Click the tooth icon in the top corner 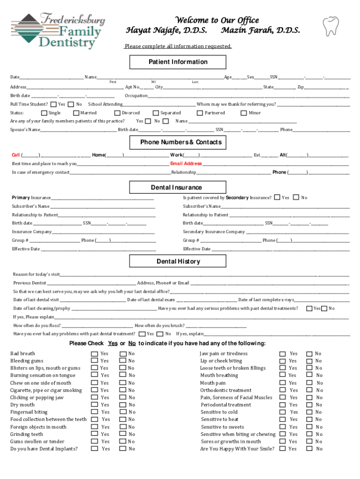tap(331, 27)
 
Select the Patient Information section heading tap(178, 62)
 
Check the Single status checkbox tap(44, 113)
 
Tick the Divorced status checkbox tap(117, 113)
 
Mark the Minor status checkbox tap(244, 113)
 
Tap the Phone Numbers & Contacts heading tap(180, 142)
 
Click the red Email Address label tap(186, 164)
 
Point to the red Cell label tap(16, 155)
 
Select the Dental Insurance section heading tap(176, 188)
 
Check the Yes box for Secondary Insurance tap(277, 197)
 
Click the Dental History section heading tap(178, 261)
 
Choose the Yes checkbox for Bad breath tap(94, 354)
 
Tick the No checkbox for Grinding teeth tap(122, 434)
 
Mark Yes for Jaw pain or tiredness tap(282, 354)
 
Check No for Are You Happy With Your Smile tap(309, 449)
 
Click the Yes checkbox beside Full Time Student tap(53, 104)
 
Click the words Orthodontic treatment tap(226, 390)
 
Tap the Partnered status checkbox tap(200, 113)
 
